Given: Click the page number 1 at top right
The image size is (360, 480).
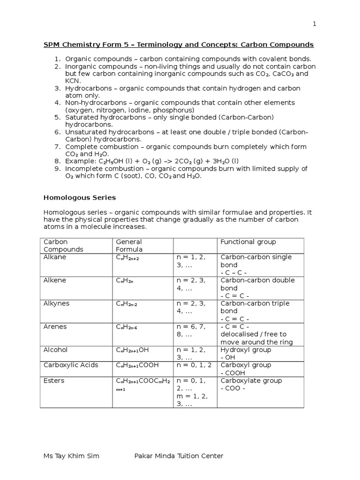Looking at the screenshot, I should point(315,24).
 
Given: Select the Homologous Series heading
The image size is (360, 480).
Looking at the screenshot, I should point(80,198).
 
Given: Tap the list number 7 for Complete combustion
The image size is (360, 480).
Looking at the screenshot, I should point(58,147).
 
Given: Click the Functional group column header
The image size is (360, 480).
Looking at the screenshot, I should point(248,242).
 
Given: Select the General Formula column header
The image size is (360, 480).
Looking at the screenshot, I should point(129,246).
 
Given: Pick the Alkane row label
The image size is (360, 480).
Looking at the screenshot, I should point(55,257).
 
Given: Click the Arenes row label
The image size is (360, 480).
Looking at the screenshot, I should point(55,327).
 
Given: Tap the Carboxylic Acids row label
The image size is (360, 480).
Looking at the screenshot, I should point(70,365).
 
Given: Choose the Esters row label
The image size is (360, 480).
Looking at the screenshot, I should point(54,381).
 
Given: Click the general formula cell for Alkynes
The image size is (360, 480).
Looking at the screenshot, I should point(127,304).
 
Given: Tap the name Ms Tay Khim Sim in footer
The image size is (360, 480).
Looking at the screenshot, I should point(71,456).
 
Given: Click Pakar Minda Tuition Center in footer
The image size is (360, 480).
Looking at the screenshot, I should point(179,456).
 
